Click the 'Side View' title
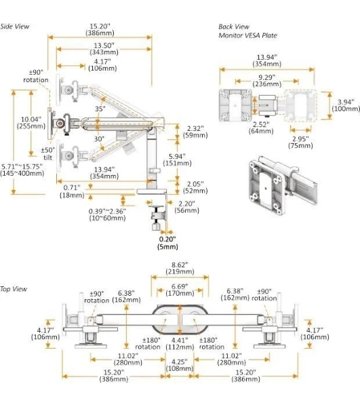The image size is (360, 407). (15, 26)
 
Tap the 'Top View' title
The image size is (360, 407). (14, 289)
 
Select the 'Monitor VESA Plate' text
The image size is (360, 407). (247, 35)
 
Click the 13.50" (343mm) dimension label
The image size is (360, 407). (104, 49)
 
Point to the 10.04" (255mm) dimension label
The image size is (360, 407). (31, 123)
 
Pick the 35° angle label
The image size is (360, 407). (100, 109)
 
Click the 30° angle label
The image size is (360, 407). (99, 139)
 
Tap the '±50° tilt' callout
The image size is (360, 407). (47, 154)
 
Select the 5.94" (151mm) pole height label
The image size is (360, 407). (177, 160)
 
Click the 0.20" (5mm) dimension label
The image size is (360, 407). (167, 243)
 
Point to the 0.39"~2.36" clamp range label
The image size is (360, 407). (107, 214)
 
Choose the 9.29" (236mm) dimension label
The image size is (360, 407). (267, 81)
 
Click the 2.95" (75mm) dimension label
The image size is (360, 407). (300, 142)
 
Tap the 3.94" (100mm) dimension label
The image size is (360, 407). (346, 105)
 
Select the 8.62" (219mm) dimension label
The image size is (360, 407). (180, 269)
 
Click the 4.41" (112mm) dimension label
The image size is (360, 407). (180, 343)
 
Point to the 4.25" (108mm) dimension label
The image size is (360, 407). (180, 365)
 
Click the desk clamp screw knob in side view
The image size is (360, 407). (156, 227)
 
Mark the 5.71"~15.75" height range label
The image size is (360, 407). (22, 170)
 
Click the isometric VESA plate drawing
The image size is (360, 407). (283, 185)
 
